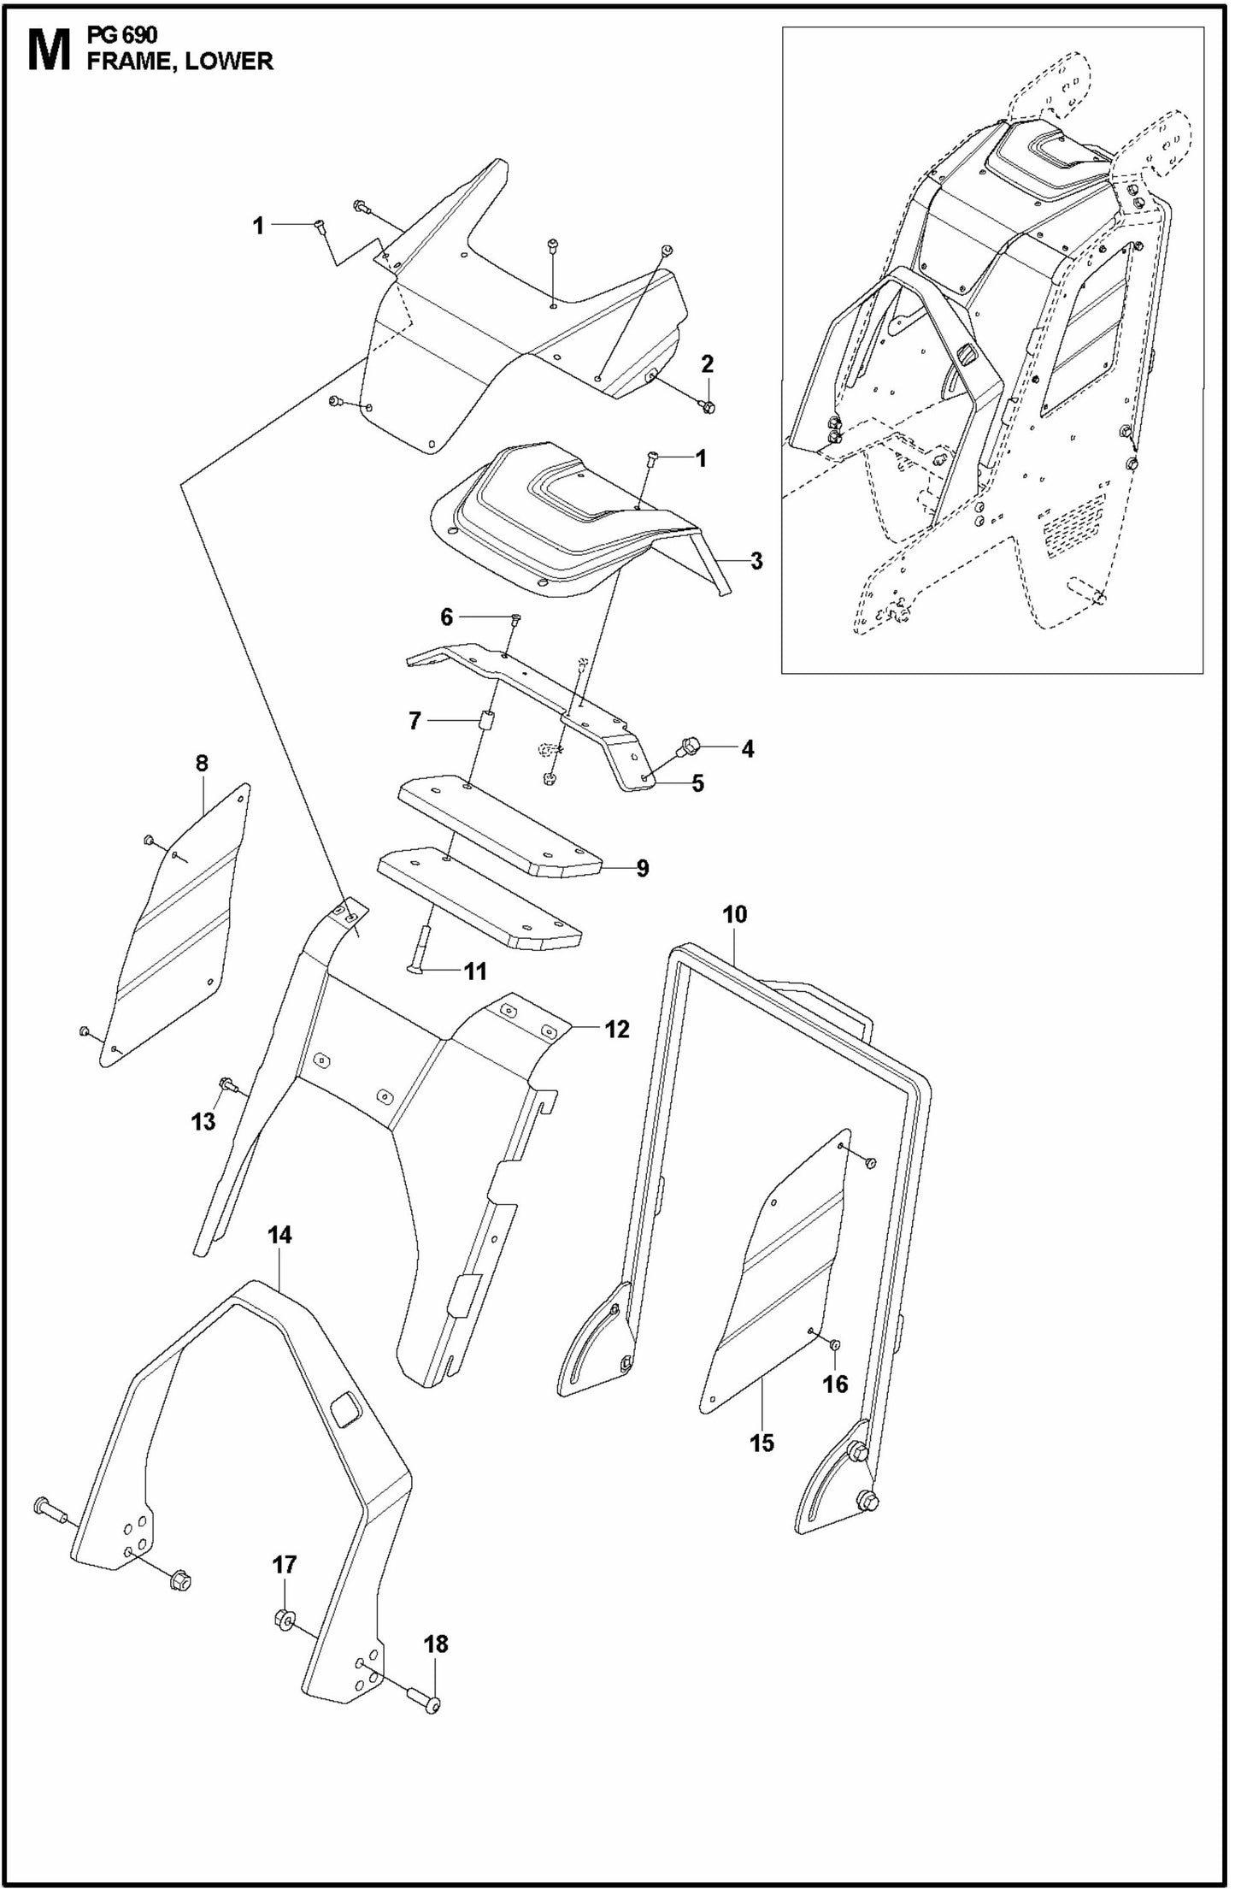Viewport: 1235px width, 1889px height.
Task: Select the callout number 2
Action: (x=707, y=364)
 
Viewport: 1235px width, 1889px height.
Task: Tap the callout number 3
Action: (x=756, y=561)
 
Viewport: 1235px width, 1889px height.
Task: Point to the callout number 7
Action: (x=415, y=722)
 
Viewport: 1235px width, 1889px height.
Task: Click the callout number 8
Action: (x=202, y=763)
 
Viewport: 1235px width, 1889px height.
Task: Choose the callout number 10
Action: (x=734, y=914)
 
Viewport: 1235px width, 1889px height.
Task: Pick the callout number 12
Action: (x=616, y=1029)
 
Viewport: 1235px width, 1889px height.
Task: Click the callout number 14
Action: (x=279, y=1235)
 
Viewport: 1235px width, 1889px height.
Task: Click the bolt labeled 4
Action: (x=689, y=747)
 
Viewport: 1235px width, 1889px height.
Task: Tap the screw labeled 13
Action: (x=227, y=1085)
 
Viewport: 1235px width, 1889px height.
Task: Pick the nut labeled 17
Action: (x=285, y=1619)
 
